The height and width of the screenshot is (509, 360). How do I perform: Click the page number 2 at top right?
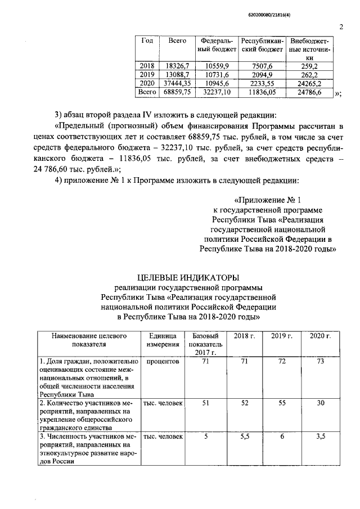tap(341, 26)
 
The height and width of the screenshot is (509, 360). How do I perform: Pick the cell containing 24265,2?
tap(309, 83)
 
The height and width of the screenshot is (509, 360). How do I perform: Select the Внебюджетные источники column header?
tap(309, 49)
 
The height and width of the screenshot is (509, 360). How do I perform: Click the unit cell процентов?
tap(163, 362)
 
